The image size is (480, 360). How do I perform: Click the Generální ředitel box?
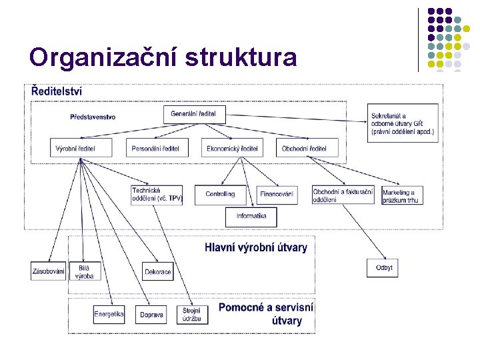click(x=198, y=114)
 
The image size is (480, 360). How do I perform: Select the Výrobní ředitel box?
click(x=81, y=148)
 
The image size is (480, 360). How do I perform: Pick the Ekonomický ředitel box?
click(x=232, y=148)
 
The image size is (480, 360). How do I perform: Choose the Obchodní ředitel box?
click(x=307, y=148)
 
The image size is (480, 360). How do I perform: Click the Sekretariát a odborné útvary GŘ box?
click(x=403, y=123)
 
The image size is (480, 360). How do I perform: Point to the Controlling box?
click(x=221, y=195)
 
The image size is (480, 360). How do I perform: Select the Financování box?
click(x=277, y=195)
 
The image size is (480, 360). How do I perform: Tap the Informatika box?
click(x=251, y=216)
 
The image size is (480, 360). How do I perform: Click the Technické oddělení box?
click(x=157, y=195)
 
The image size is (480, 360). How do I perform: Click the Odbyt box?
click(x=384, y=268)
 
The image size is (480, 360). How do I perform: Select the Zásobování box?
click(x=48, y=271)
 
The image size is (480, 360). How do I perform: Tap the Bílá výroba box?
click(x=86, y=271)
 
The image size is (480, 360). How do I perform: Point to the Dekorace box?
click(x=159, y=271)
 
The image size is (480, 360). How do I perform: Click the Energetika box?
click(x=109, y=315)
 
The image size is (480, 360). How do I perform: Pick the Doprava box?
click(x=152, y=315)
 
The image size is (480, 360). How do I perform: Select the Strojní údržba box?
click(x=192, y=315)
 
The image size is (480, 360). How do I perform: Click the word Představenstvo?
click(x=93, y=117)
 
